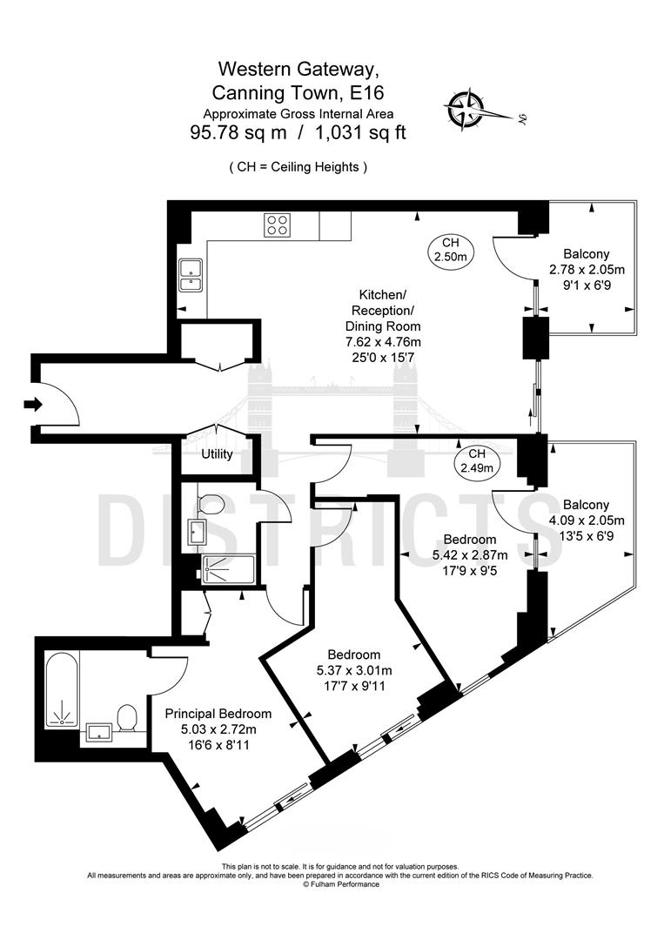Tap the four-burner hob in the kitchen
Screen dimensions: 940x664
(x=277, y=225)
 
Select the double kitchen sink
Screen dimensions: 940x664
(x=189, y=275)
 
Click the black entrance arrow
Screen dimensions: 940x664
(x=33, y=404)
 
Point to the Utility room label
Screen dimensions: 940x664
(x=217, y=454)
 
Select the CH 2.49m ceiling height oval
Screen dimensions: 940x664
(x=476, y=461)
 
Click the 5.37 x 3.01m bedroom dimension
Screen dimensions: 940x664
(x=353, y=671)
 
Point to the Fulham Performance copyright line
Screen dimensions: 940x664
(x=341, y=884)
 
